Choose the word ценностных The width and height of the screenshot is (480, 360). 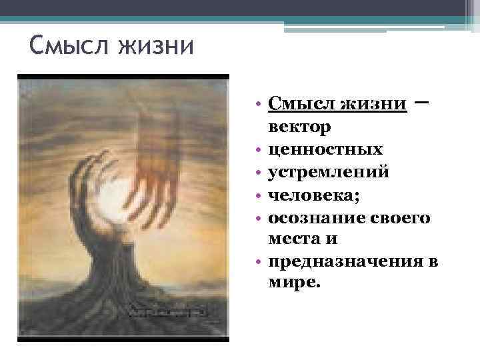(x=325, y=149)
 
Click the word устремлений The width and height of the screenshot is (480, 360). (x=329, y=172)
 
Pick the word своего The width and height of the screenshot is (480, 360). (x=397, y=218)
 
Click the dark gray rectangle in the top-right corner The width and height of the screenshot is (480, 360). (x=473, y=12)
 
